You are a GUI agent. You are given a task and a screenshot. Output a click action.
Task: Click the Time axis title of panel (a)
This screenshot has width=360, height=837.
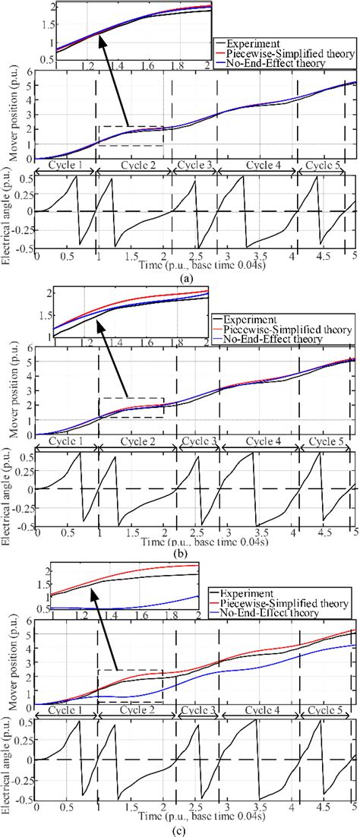(196, 268)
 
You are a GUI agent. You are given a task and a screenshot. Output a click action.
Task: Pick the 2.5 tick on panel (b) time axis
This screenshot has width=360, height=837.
(196, 535)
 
